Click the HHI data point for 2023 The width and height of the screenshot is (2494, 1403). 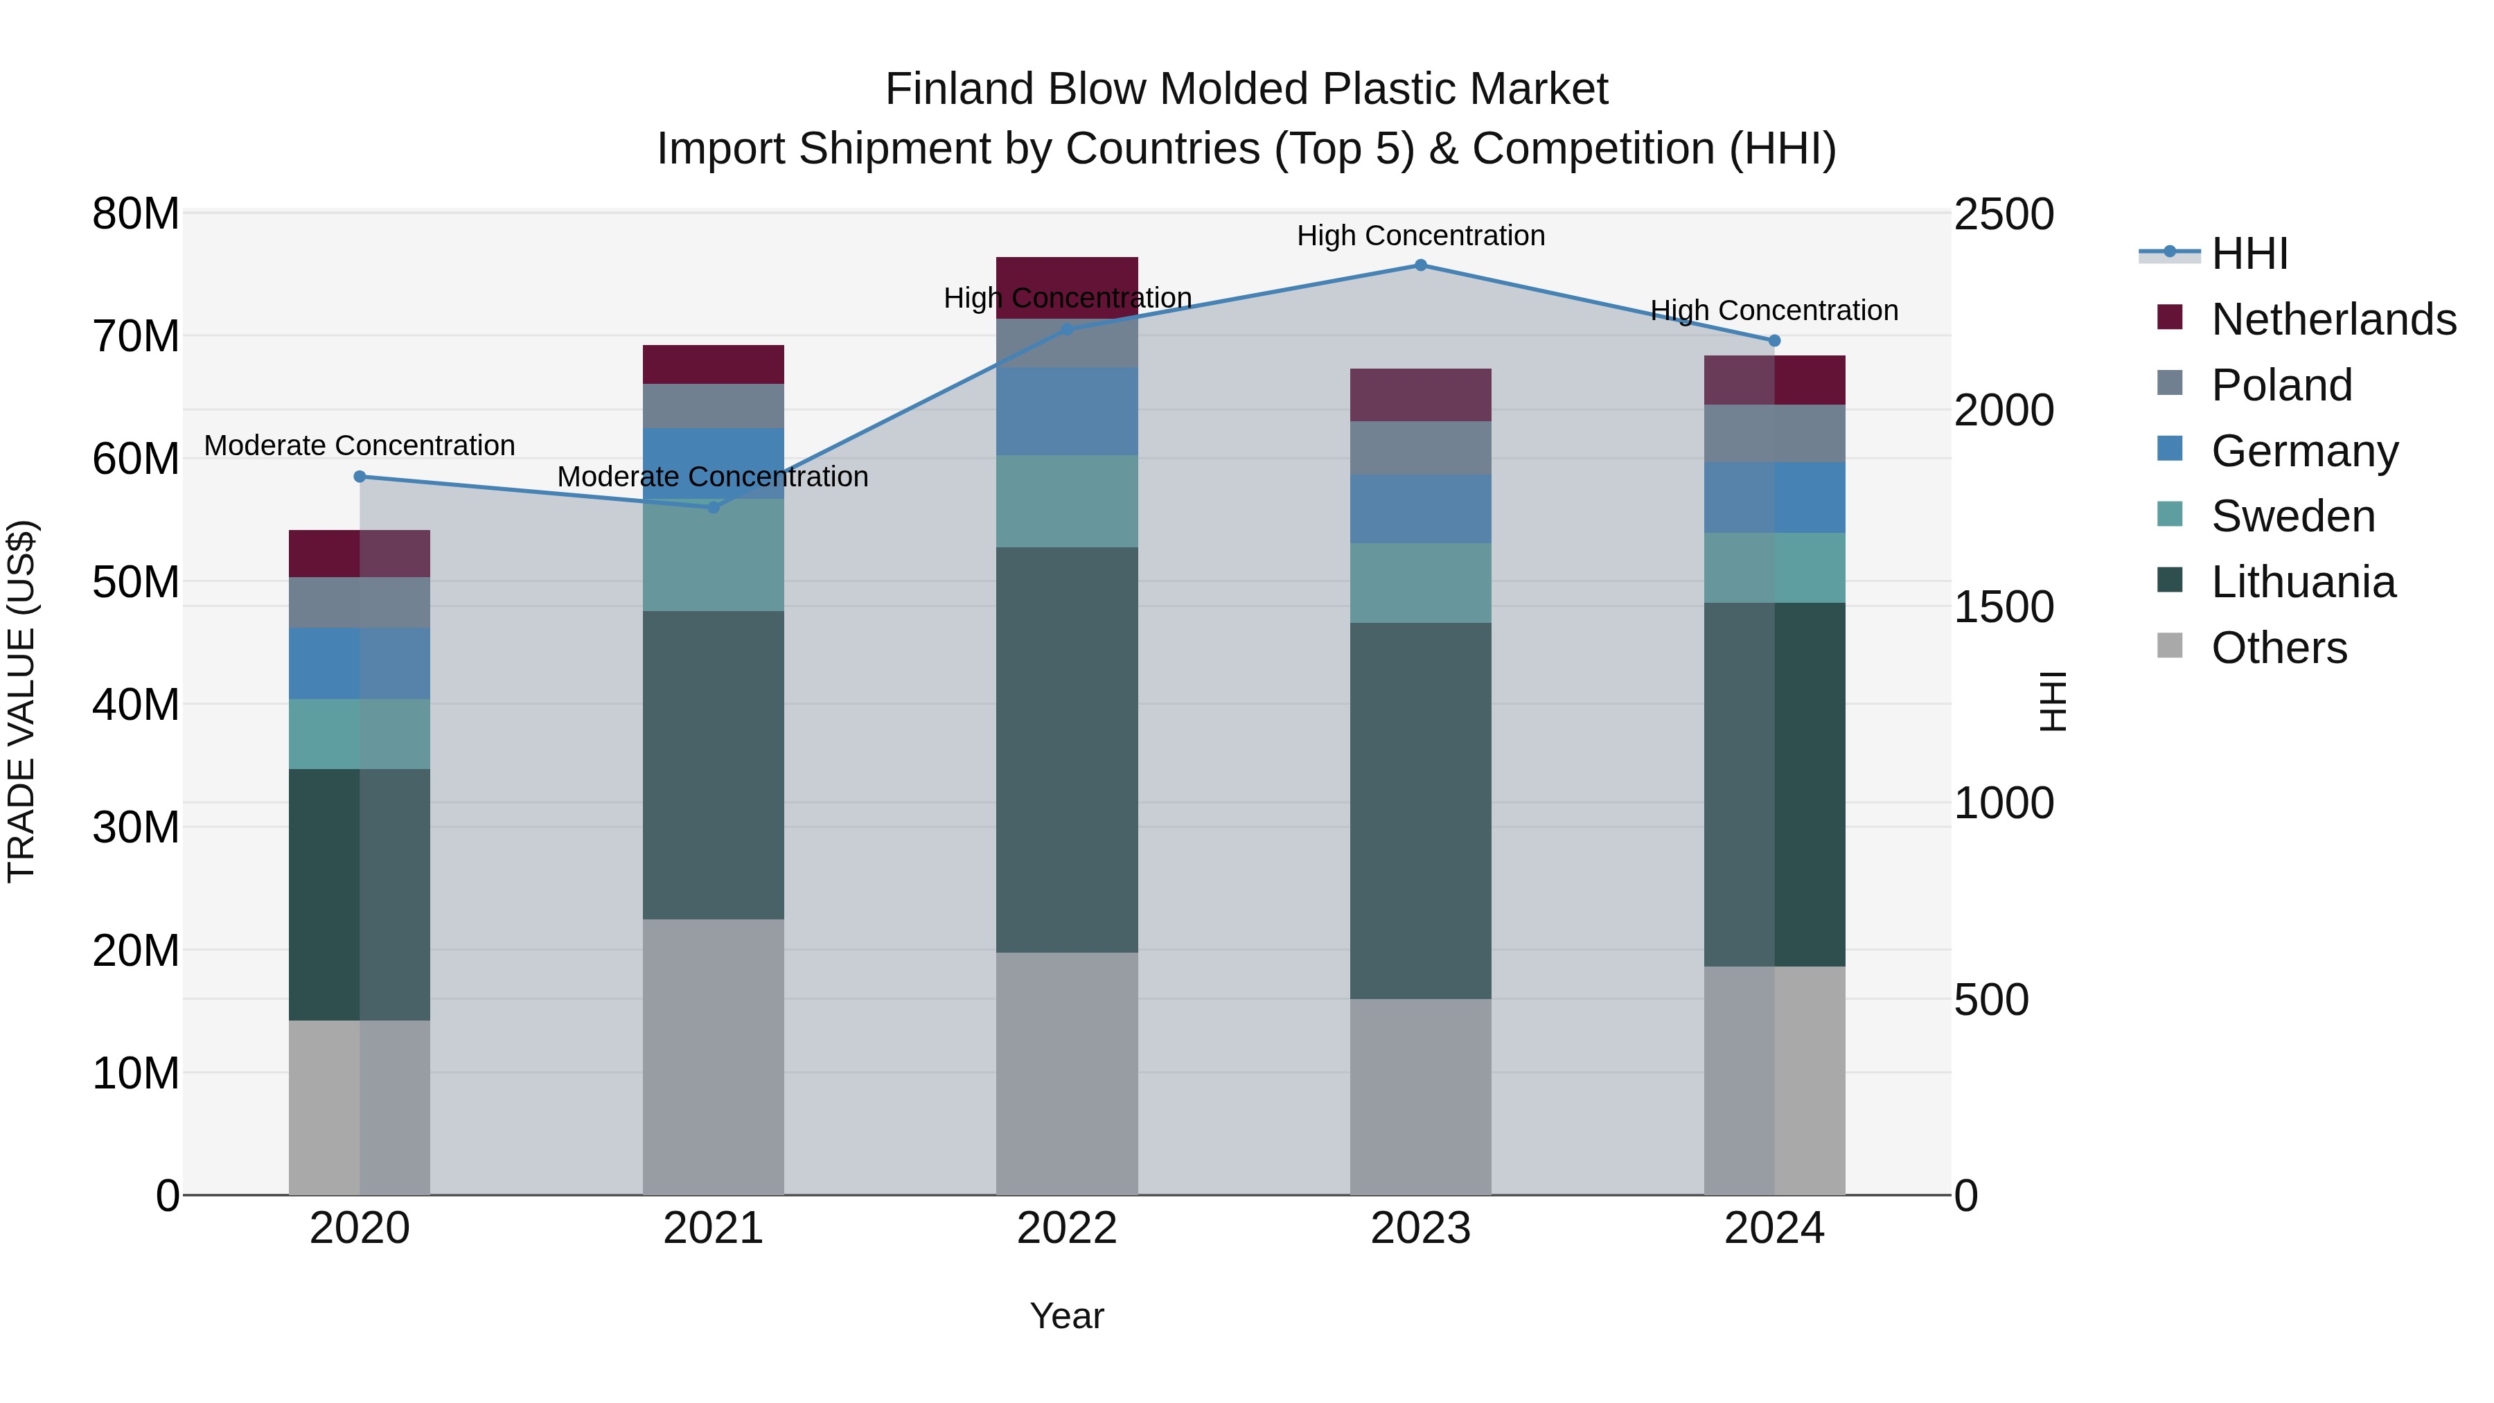point(1420,265)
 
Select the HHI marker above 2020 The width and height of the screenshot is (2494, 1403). point(360,477)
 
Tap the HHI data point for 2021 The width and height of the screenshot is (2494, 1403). point(714,507)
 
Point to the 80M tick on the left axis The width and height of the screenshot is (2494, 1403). point(136,214)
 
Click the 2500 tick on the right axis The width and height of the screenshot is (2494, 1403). point(2003,214)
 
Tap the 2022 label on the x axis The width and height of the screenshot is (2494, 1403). point(1067,1228)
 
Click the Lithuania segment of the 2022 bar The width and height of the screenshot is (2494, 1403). point(1067,750)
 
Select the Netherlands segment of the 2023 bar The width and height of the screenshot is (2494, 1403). point(1420,395)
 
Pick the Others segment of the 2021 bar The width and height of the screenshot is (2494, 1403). point(714,1057)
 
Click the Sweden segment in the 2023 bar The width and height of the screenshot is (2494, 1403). point(1420,583)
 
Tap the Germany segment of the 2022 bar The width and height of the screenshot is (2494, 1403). point(1067,412)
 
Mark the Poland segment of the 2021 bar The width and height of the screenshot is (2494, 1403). point(714,406)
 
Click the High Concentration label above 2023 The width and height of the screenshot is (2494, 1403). point(1420,236)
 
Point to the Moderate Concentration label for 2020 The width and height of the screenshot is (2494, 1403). point(360,445)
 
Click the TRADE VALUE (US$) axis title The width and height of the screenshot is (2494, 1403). point(21,701)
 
